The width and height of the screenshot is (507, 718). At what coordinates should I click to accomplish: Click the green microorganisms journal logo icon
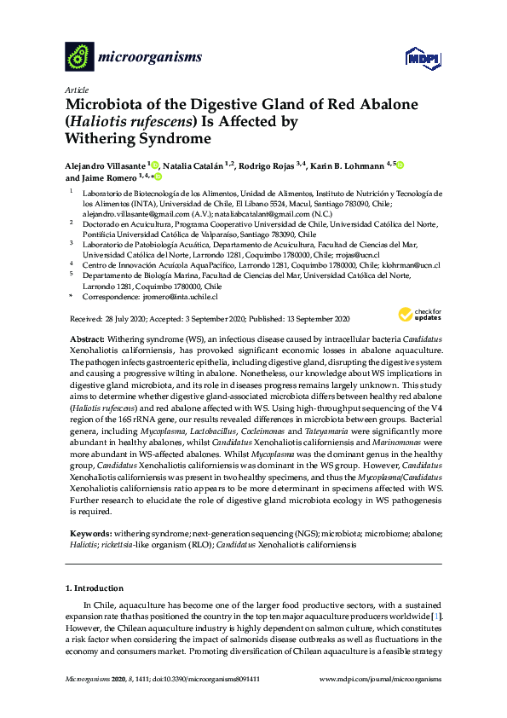79,56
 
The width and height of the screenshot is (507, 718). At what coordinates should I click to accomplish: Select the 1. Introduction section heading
95,588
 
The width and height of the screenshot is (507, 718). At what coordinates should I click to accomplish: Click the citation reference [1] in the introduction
437,615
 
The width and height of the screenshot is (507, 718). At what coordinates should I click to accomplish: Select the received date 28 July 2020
124,319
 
